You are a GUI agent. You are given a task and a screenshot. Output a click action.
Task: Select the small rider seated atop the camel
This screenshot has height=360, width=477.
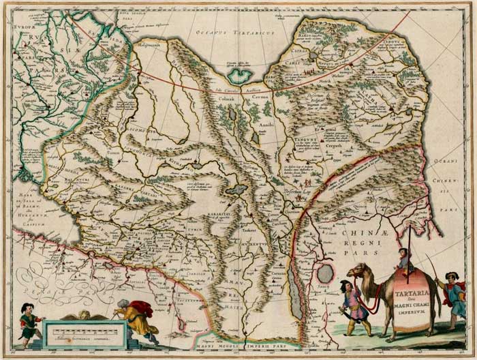(404, 260)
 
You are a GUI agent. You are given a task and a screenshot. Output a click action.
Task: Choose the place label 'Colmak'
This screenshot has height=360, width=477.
(227, 98)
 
